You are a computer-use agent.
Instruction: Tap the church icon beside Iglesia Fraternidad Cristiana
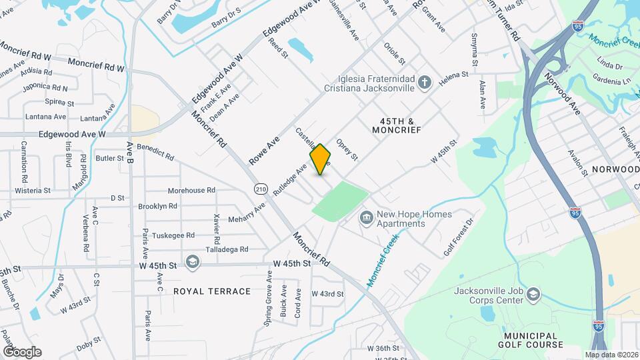coord(425,82)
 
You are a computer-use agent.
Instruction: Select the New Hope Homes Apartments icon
coord(365,218)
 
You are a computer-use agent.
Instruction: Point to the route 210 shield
coord(261,189)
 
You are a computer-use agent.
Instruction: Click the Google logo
coord(21,351)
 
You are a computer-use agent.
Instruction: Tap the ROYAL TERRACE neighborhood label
coord(211,291)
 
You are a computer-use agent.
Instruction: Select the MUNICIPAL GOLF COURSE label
coord(530,340)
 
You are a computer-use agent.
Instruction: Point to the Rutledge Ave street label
coord(291,179)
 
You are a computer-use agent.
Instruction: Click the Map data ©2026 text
coord(611,354)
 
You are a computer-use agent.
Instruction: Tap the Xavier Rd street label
coord(216,228)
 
